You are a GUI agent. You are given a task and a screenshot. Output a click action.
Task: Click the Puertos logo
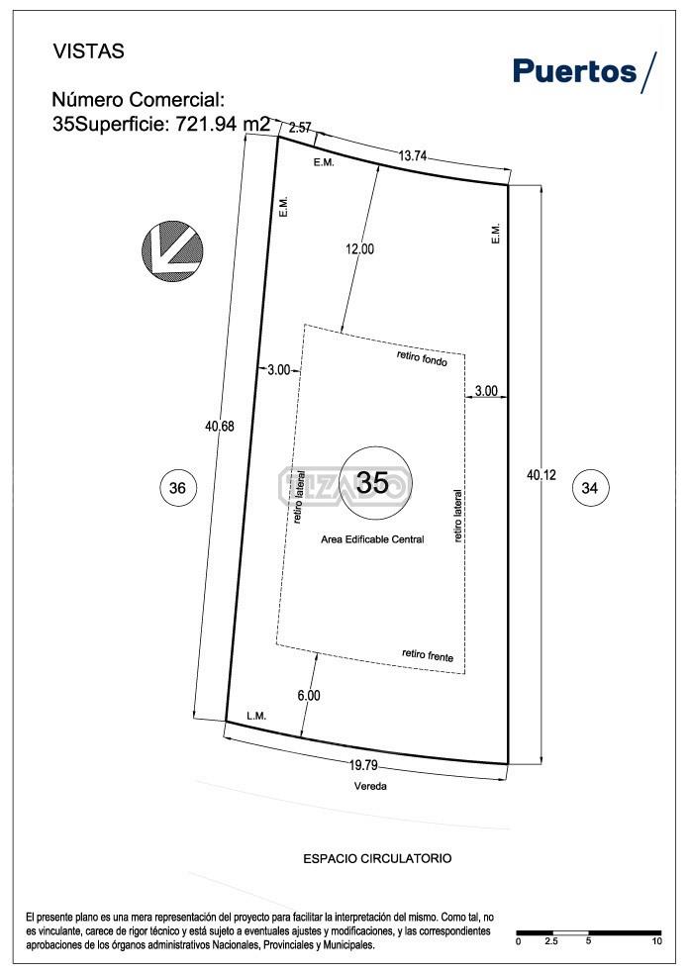click(x=583, y=71)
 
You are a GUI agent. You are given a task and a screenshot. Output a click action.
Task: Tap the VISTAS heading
click(x=89, y=52)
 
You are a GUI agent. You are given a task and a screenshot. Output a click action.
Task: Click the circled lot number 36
click(x=177, y=487)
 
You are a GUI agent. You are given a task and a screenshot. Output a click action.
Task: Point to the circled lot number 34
click(x=590, y=487)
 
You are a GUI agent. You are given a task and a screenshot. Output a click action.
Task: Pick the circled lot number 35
click(x=373, y=483)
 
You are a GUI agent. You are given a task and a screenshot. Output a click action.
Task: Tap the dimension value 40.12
click(x=541, y=475)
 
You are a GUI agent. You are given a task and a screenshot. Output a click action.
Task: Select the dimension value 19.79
click(x=366, y=764)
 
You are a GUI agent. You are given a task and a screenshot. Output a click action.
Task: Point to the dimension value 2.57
click(x=299, y=127)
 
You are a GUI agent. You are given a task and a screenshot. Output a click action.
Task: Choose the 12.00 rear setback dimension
click(x=359, y=249)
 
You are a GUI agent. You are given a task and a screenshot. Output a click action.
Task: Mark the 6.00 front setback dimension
click(x=309, y=695)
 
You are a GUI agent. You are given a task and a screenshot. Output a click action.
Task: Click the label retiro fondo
click(x=422, y=357)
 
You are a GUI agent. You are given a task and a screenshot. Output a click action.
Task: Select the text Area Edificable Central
click(x=372, y=539)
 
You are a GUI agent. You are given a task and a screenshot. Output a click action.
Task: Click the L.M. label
click(x=256, y=716)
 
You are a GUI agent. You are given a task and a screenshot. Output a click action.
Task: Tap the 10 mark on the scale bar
click(x=656, y=941)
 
